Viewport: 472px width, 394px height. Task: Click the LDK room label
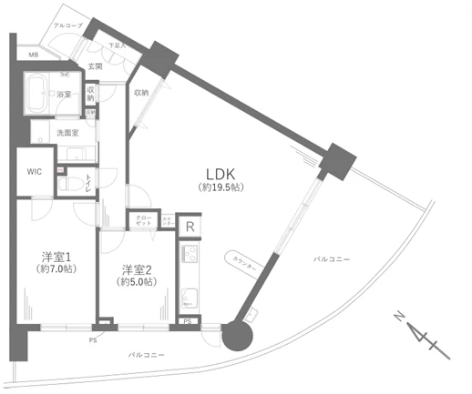(x=221, y=173)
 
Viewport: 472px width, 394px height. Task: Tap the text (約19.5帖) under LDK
(x=221, y=187)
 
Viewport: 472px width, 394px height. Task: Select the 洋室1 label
(x=55, y=256)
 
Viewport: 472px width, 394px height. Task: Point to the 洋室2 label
(x=137, y=269)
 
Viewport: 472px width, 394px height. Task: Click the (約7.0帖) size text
(x=55, y=270)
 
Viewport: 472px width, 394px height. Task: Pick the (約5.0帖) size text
(x=137, y=283)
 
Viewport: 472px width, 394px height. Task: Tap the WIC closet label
(x=34, y=171)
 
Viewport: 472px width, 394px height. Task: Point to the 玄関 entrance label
(x=95, y=66)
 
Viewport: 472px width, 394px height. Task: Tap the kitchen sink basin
(x=190, y=297)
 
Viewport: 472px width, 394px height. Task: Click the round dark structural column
(x=240, y=336)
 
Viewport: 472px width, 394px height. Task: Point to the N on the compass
(x=397, y=316)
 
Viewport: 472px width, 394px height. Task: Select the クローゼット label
(x=144, y=221)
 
